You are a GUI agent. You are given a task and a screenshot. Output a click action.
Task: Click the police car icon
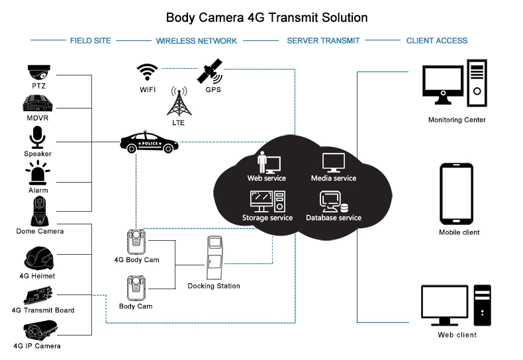point(149,142)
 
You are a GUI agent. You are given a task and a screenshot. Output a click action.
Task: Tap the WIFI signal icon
point(147,71)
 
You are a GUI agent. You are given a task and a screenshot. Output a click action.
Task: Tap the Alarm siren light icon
point(38,173)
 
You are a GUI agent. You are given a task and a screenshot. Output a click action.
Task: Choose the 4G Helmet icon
point(39,258)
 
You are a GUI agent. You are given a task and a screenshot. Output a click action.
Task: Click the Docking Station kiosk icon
point(214,258)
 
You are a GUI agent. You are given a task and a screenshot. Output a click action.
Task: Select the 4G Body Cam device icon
point(137,242)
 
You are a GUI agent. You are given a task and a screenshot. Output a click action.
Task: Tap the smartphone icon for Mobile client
point(456,194)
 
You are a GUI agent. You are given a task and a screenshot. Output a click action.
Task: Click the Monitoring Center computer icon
point(456,85)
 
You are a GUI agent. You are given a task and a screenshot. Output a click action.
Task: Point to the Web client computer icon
point(456,306)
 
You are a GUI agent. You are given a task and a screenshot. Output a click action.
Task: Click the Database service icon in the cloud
point(332,201)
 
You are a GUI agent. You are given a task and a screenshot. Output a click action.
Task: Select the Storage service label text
point(267,218)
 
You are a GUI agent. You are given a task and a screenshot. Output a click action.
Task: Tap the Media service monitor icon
point(334,162)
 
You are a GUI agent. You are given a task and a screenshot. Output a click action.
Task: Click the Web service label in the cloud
point(267,178)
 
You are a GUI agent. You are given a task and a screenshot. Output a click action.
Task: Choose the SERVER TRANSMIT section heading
point(323,40)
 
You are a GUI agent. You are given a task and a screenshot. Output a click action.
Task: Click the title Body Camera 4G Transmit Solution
point(266,17)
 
